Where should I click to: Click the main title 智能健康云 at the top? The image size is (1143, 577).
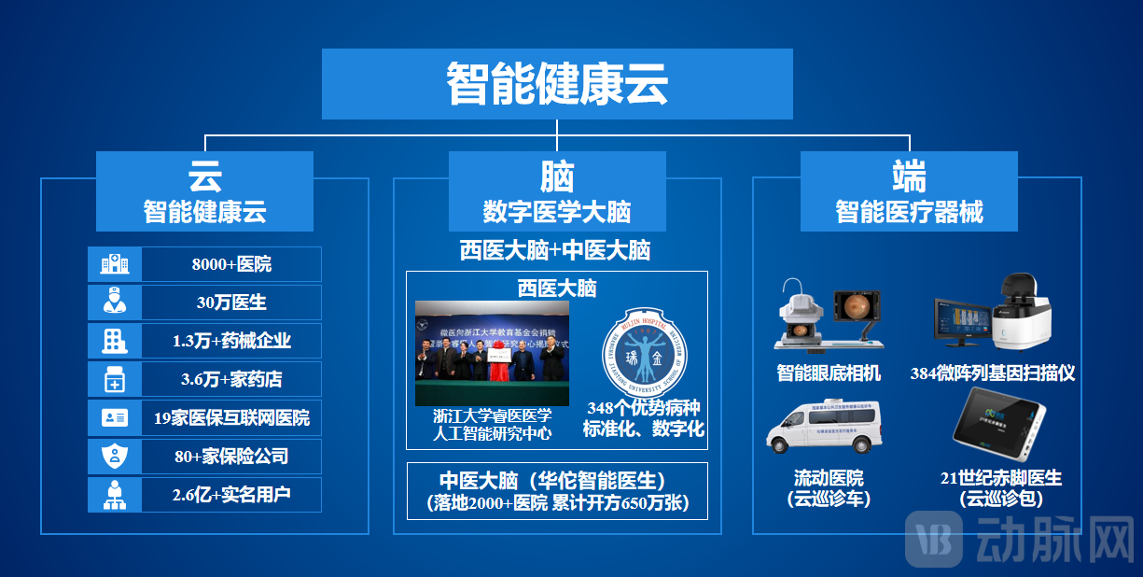pyautogui.click(x=557, y=84)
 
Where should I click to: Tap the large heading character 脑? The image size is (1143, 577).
pyautogui.click(x=557, y=176)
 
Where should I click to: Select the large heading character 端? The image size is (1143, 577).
pyautogui.click(x=909, y=176)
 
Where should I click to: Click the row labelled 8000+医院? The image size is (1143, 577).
pyautogui.click(x=231, y=264)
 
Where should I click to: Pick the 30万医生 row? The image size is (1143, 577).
pyautogui.click(x=231, y=303)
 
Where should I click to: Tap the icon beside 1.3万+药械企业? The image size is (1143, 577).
pyautogui.click(x=114, y=341)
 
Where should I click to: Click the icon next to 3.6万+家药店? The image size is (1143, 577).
pyautogui.click(x=114, y=379)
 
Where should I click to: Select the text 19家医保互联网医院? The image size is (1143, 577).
pyautogui.click(x=231, y=418)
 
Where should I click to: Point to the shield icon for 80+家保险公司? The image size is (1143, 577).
pyautogui.click(x=114, y=457)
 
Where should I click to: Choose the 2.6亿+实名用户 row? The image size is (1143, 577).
pyautogui.click(x=231, y=495)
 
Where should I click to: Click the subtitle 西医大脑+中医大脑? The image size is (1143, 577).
pyautogui.click(x=556, y=250)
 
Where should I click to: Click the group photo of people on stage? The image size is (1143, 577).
pyautogui.click(x=492, y=353)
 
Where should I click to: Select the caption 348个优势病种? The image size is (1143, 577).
pyautogui.click(x=643, y=409)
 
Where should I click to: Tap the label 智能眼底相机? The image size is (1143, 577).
pyautogui.click(x=829, y=373)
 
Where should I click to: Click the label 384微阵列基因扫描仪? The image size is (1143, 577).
pyautogui.click(x=993, y=373)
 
